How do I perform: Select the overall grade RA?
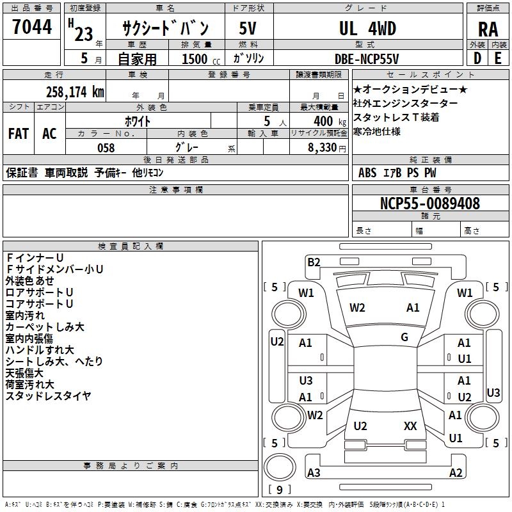(x=488, y=29)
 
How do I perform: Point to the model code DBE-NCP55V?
(x=367, y=59)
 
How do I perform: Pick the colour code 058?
(x=106, y=148)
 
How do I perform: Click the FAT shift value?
(x=18, y=133)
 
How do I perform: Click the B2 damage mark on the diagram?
(x=314, y=262)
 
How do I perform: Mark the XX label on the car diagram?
(x=410, y=426)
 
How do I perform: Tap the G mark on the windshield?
(x=404, y=337)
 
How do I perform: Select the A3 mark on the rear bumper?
(x=314, y=473)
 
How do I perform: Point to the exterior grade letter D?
(x=477, y=59)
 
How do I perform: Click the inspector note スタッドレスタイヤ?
(x=49, y=396)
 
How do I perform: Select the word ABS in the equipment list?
(x=367, y=173)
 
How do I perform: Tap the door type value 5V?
(x=248, y=29)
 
